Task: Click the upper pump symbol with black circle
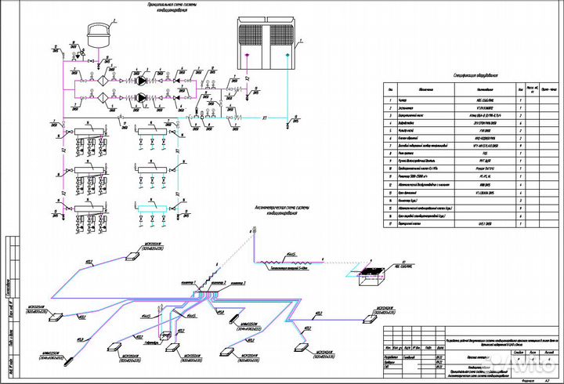142,80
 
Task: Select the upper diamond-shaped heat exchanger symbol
103,80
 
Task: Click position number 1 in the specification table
389,101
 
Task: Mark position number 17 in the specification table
389,224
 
